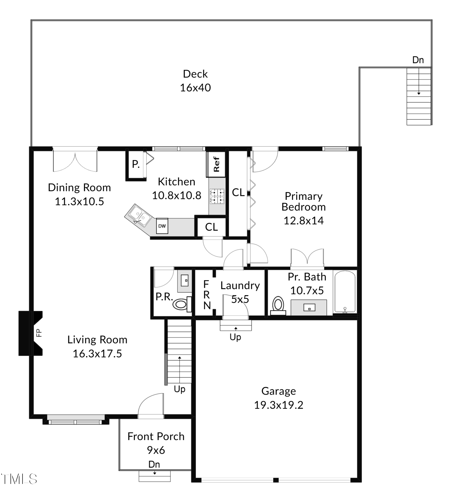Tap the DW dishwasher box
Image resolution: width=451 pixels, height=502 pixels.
pyautogui.click(x=162, y=226)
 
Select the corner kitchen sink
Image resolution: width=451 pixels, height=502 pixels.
pyautogui.click(x=138, y=215)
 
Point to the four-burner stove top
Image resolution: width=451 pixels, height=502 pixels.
pyautogui.click(x=217, y=196)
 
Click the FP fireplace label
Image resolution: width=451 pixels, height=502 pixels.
pyautogui.click(x=39, y=333)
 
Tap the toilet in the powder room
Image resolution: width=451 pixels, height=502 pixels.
pyautogui.click(x=181, y=304)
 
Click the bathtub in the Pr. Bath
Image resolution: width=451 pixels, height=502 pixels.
pyautogui.click(x=345, y=292)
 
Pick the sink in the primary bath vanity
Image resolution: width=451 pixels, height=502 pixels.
pyautogui.click(x=309, y=307)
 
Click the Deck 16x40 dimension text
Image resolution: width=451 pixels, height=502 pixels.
pyautogui.click(x=195, y=88)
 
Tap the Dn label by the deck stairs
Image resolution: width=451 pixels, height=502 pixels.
pyautogui.click(x=418, y=60)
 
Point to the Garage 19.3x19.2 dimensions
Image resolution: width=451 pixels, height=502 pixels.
pyautogui.click(x=278, y=405)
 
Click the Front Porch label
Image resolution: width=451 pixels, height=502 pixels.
pyautogui.click(x=156, y=436)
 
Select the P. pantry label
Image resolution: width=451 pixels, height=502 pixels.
pyautogui.click(x=136, y=164)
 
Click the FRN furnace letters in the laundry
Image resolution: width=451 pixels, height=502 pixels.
pyautogui.click(x=206, y=295)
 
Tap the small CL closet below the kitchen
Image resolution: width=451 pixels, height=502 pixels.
pyautogui.click(x=211, y=227)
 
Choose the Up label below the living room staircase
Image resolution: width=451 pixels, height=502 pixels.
pyautogui.click(x=179, y=389)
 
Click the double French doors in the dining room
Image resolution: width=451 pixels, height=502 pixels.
pyautogui.click(x=75, y=161)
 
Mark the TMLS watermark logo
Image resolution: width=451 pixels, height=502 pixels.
pyautogui.click(x=19, y=479)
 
